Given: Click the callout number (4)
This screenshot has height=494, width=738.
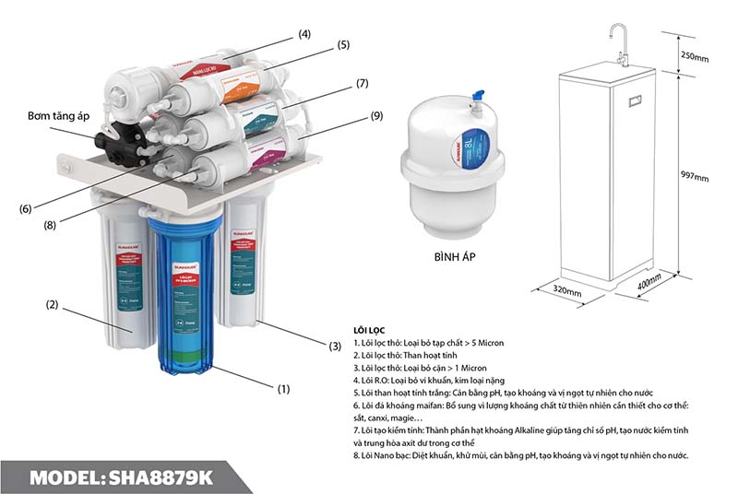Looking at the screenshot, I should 304,35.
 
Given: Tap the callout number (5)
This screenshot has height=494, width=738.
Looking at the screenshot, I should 343,44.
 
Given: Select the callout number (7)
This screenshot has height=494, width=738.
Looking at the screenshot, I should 363,84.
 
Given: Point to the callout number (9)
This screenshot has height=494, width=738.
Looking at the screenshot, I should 376,116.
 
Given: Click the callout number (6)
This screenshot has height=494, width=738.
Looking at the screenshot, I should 25,208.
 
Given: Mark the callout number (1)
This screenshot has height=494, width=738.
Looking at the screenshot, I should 283,389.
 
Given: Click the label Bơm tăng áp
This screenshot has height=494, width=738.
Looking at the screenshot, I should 59,117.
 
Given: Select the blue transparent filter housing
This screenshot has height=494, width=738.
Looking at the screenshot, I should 185,295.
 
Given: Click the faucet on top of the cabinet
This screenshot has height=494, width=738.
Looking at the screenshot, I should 624,42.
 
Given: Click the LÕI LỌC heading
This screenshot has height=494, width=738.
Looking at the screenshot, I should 371,329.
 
